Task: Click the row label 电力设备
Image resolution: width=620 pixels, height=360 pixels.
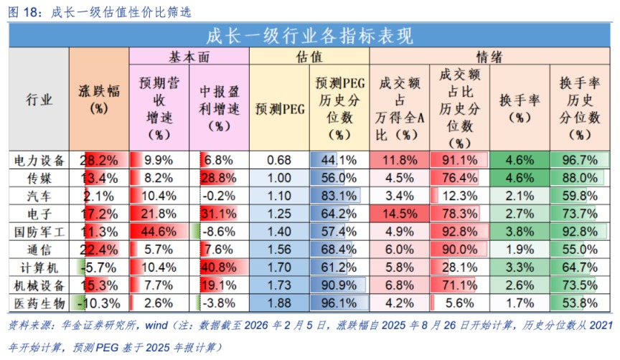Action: tap(39, 160)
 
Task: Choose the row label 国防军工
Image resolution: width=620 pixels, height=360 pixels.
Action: tap(39, 231)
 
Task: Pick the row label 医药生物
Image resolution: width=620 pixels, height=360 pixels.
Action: tap(39, 302)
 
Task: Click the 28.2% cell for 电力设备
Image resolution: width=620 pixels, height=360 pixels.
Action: tap(100, 160)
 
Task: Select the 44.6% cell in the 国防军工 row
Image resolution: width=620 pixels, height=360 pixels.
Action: tap(159, 231)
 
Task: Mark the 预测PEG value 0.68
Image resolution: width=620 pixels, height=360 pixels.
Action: tap(279, 160)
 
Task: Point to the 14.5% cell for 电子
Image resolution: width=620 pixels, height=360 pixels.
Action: tap(399, 213)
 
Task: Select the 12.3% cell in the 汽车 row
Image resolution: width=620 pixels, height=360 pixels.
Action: tap(459, 195)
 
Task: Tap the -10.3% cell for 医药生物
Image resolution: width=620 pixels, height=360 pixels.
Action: tap(100, 302)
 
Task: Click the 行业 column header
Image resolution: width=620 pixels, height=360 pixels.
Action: tap(39, 100)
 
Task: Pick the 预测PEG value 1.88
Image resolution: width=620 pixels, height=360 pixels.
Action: tap(279, 302)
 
